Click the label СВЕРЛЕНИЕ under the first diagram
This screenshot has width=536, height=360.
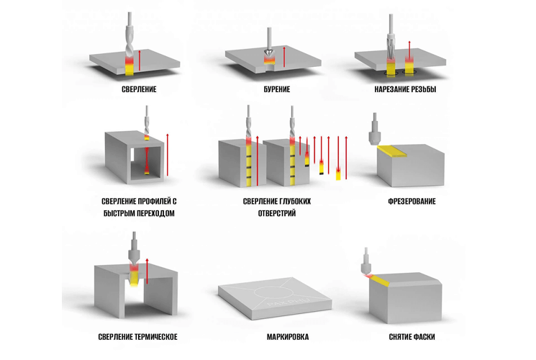(139, 89)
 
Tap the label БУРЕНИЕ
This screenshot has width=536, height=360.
(277, 89)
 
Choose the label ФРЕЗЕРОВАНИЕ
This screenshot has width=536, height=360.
(412, 201)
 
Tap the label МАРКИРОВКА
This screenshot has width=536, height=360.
(288, 337)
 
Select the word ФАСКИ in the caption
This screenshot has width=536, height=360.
(424, 337)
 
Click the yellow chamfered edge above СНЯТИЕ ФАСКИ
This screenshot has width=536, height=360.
(379, 280)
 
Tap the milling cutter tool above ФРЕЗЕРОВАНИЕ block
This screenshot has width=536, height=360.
(374, 130)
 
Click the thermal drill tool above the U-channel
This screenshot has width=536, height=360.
(134, 248)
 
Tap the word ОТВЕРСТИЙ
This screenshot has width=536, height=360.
(277, 214)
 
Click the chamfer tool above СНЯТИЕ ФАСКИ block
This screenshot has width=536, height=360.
(366, 262)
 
